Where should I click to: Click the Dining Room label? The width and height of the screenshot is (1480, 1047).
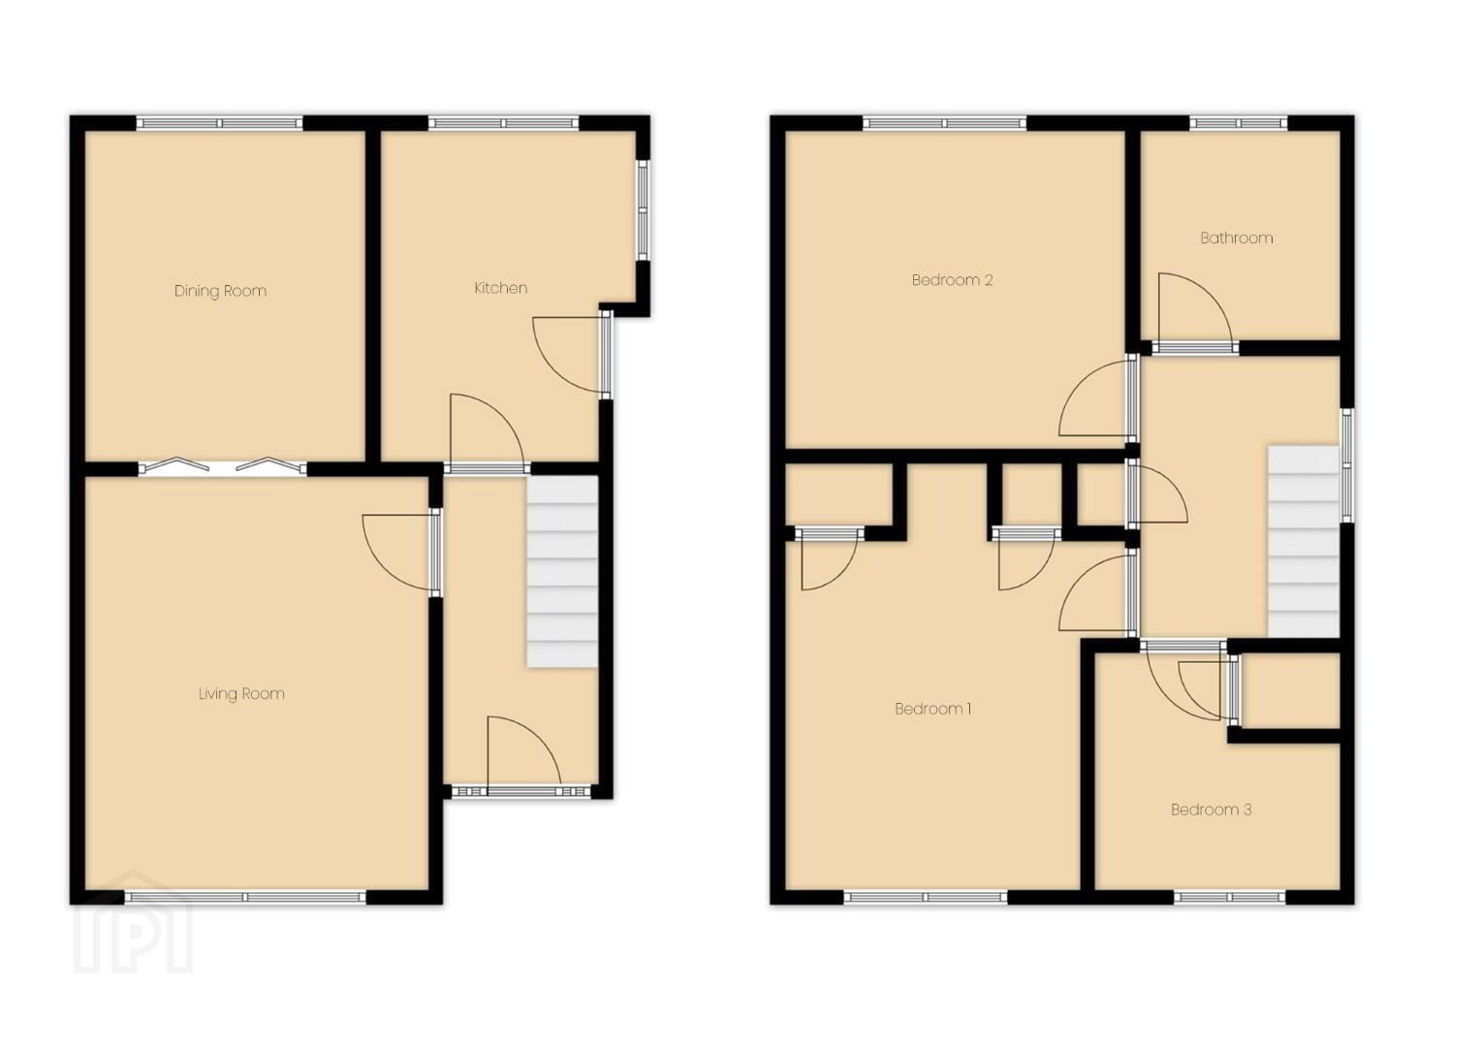pyautogui.click(x=220, y=291)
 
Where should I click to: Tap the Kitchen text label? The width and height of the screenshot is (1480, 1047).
pyautogui.click(x=501, y=288)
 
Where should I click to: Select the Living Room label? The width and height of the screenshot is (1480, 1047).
pyautogui.click(x=241, y=694)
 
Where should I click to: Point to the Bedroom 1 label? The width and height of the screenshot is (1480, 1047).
pyautogui.click(x=933, y=710)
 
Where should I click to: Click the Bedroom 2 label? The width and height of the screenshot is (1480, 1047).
pyautogui.click(x=952, y=280)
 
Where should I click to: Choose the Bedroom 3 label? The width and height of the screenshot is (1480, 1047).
pyautogui.click(x=1212, y=809)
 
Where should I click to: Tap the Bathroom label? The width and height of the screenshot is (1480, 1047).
pyautogui.click(x=1236, y=238)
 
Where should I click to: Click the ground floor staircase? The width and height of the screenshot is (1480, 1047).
pyautogui.click(x=562, y=571)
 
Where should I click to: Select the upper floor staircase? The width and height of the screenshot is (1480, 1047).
pyautogui.click(x=1304, y=542)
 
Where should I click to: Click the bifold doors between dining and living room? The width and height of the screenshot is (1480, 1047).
pyautogui.click(x=223, y=467)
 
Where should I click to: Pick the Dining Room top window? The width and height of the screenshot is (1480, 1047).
pyautogui.click(x=220, y=123)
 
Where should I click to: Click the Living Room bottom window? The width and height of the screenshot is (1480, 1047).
pyautogui.click(x=245, y=897)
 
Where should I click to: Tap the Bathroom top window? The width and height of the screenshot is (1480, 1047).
pyautogui.click(x=1239, y=123)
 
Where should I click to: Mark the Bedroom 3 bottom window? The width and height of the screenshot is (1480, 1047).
pyautogui.click(x=1230, y=897)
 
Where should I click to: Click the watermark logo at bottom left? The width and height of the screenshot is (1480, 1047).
pyautogui.click(x=133, y=923)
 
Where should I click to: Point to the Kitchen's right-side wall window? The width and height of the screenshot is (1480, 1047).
pyautogui.click(x=643, y=210)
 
